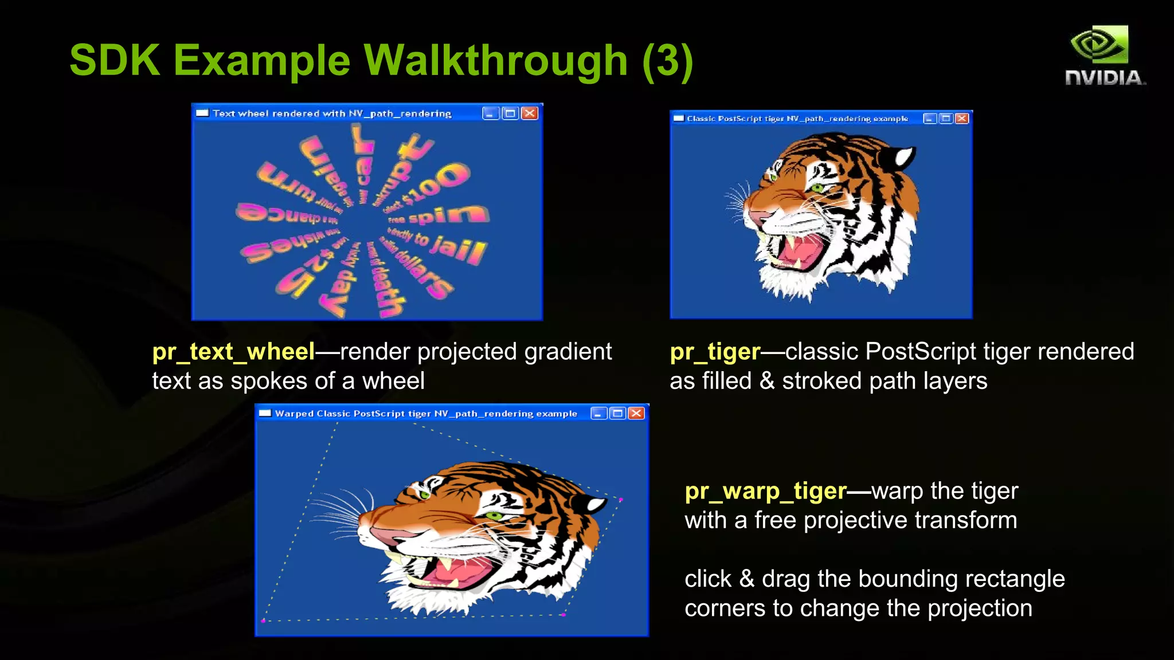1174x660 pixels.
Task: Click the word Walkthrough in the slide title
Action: (x=496, y=60)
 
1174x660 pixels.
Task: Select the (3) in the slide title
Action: (x=668, y=61)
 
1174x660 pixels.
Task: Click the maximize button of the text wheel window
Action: (x=510, y=113)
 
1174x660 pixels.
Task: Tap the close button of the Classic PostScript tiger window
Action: (x=962, y=119)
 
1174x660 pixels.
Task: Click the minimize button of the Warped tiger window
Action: (x=598, y=414)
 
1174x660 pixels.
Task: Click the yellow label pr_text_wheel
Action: (x=233, y=352)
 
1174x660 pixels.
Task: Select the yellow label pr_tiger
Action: (x=715, y=352)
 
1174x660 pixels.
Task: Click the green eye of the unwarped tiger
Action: (x=816, y=187)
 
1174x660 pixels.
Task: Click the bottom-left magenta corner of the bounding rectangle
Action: (x=263, y=620)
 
